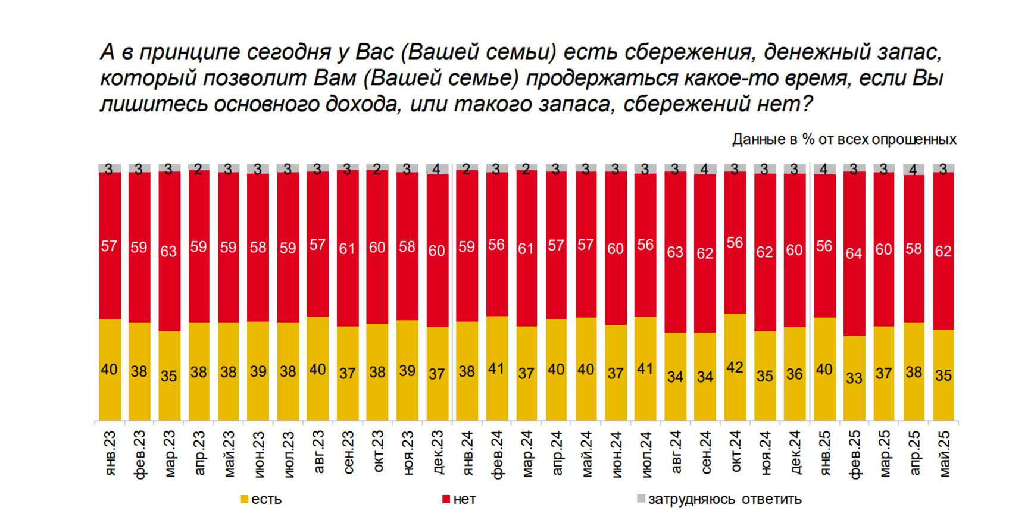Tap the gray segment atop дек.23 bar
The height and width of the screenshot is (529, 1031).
[x=437, y=169]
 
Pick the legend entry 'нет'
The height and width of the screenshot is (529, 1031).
[x=459, y=500]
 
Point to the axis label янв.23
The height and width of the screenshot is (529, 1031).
[x=110, y=453]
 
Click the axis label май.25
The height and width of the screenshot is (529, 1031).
[x=943, y=453]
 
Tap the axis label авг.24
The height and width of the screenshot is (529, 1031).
[x=676, y=453]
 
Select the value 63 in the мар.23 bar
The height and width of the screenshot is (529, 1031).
[x=168, y=251]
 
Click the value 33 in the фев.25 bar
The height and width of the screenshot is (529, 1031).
[x=854, y=378]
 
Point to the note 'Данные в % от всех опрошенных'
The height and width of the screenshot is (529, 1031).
[x=843, y=140]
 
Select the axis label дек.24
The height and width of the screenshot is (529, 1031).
[x=795, y=453]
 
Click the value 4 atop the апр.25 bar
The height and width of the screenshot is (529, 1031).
[x=913, y=170]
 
